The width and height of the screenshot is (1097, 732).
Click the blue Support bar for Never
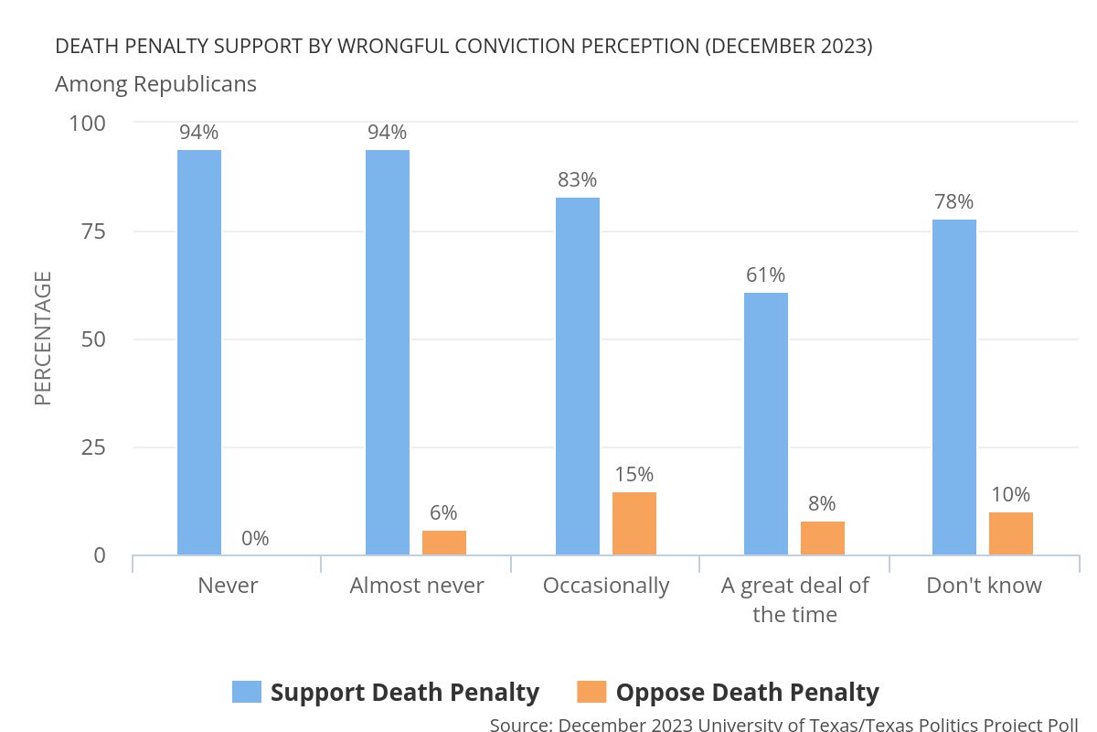pyautogui.click(x=199, y=352)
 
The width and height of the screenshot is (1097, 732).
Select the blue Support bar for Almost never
pyautogui.click(x=388, y=352)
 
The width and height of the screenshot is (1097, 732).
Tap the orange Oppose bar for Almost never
pyautogui.click(x=444, y=543)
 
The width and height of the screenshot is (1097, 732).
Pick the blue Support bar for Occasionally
pyautogui.click(x=578, y=376)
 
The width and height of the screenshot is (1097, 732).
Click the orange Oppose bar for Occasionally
pyautogui.click(x=634, y=523)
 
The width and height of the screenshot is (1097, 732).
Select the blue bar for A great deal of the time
pyautogui.click(x=766, y=424)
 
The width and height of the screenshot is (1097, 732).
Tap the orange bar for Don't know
pyautogui.click(x=1011, y=533)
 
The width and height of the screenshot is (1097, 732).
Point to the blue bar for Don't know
pyautogui.click(x=954, y=387)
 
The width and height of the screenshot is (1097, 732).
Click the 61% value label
pyautogui.click(x=765, y=275)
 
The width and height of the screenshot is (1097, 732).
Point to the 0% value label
pyautogui.click(x=255, y=539)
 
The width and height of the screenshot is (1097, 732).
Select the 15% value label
pyautogui.click(x=634, y=475)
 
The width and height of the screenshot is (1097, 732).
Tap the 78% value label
pyautogui.click(x=953, y=202)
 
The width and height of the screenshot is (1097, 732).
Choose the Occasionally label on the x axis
pyautogui.click(x=606, y=586)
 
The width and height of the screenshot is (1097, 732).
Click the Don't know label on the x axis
pyautogui.click(x=984, y=586)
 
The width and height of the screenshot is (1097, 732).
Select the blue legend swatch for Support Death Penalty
pyautogui.click(x=247, y=692)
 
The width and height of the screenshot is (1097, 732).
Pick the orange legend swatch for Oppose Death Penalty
pyautogui.click(x=592, y=692)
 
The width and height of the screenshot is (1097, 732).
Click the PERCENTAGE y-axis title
pyautogui.click(x=43, y=339)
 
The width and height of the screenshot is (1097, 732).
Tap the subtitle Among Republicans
pyautogui.click(x=155, y=84)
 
